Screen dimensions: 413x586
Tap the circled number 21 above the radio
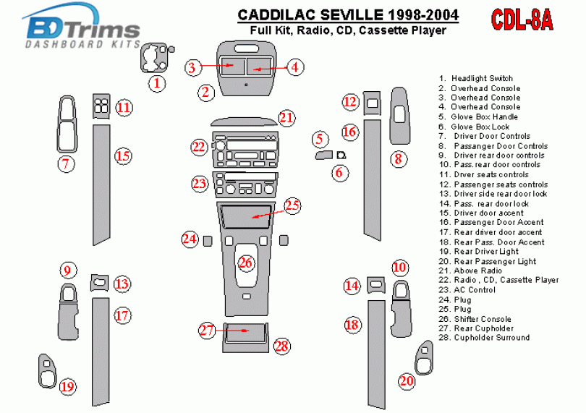pos(286,118)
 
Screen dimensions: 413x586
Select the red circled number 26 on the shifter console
pos(247,263)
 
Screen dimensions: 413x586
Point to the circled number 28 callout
pos(281,346)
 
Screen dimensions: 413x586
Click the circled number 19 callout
pos(67,387)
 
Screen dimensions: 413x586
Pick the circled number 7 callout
pos(67,163)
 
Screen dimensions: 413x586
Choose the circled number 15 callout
pos(123,155)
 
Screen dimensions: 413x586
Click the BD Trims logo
pos(82,30)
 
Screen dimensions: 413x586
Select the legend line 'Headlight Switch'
pos(481,78)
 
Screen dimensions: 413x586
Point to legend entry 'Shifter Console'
pos(481,319)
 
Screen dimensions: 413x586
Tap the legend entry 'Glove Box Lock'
pos(480,127)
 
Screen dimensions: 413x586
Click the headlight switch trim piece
pos(154,58)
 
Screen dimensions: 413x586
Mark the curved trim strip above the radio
pos(244,121)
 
